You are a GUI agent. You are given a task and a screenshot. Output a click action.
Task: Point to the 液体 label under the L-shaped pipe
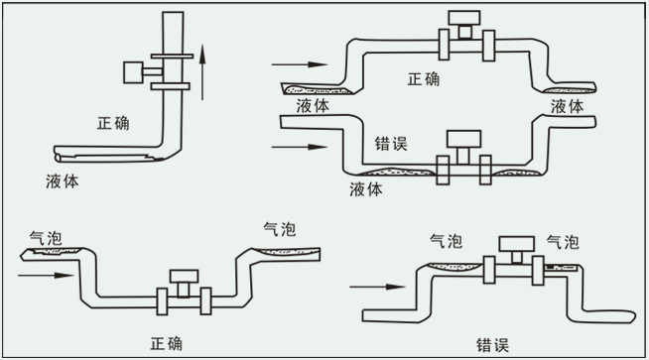click(x=64, y=181)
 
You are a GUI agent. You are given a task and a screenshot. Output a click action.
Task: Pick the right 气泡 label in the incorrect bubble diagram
click(x=563, y=241)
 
